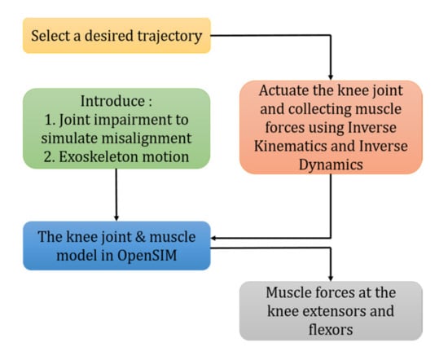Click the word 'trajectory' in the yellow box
(x=169, y=37)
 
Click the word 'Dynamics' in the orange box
(x=331, y=165)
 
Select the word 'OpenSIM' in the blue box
(x=147, y=256)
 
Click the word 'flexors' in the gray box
(x=331, y=330)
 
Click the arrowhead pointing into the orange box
(x=331, y=77)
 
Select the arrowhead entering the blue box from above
(x=116, y=217)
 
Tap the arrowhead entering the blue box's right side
(x=214, y=238)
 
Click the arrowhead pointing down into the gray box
(x=331, y=278)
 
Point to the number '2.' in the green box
(x=50, y=157)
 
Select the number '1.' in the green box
(x=51, y=120)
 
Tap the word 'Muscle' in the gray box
(x=288, y=293)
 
